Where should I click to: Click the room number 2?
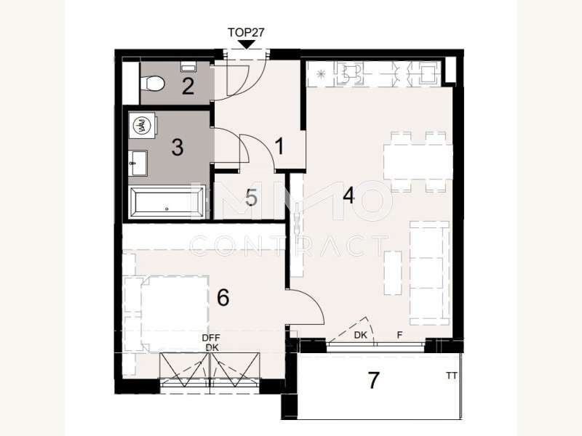tap(188, 87)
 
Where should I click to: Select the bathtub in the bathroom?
tap(168, 203)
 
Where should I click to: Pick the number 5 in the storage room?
tap(251, 198)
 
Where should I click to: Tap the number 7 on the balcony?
tap(374, 381)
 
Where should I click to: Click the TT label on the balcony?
tap(453, 376)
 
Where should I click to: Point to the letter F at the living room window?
tap(399, 336)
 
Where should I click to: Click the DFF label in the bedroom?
tap(211, 338)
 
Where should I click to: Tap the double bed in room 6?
tap(167, 310)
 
